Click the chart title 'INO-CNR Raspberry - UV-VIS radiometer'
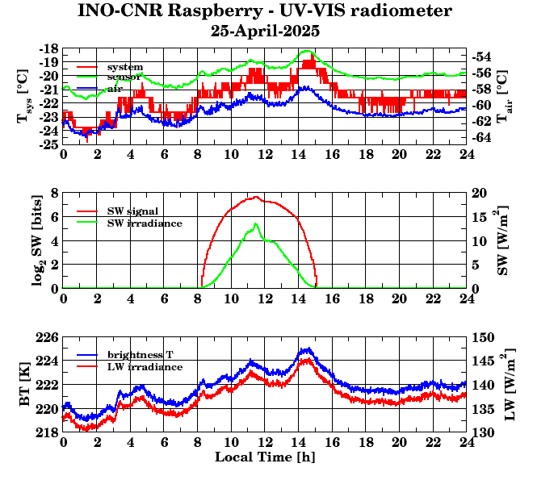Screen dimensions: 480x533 tap(265, 11)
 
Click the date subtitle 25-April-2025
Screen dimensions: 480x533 tap(265, 31)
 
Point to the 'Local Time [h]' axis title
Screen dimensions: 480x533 tap(264, 457)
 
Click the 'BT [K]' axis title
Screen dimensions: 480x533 tap(26, 391)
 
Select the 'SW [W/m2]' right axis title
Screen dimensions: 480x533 tap(502, 240)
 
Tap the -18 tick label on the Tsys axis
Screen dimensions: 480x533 tap(48, 48)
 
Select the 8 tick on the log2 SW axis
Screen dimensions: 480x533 tap(54, 193)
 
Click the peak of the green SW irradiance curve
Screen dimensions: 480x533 tap(256, 223)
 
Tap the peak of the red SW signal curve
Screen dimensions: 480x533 tap(255, 197)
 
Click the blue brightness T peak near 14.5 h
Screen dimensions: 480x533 tap(306, 349)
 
